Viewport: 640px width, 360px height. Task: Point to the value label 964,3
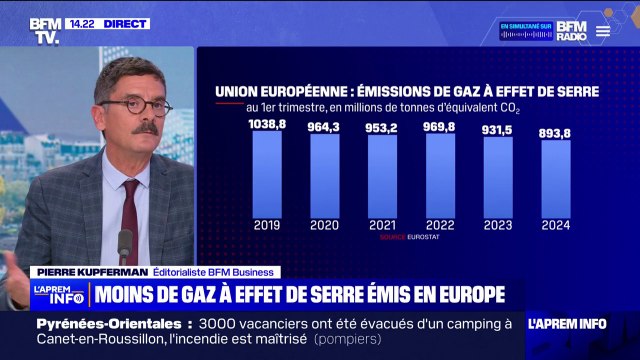click(325, 126)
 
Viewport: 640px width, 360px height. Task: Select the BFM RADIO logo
click(571, 30)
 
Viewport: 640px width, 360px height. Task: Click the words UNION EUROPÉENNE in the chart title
click(268, 91)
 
